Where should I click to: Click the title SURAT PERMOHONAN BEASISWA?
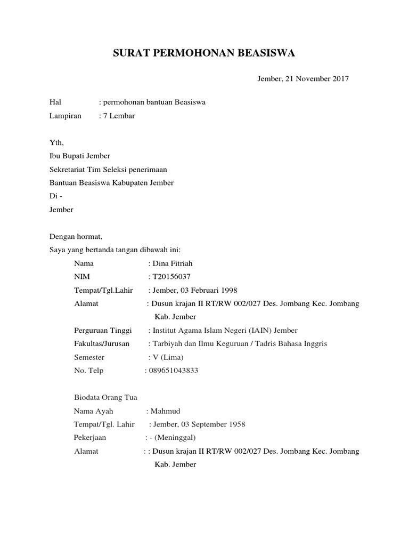pos(204,53)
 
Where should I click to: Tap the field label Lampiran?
pos(66,116)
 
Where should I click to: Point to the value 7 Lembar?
pos(119,116)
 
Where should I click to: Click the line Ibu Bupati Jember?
pos(79,156)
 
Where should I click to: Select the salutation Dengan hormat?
pos(75,236)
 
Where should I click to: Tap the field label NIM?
pos(82,277)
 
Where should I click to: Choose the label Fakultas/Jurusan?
pos(102,344)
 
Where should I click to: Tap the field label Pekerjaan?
pos(90,438)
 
